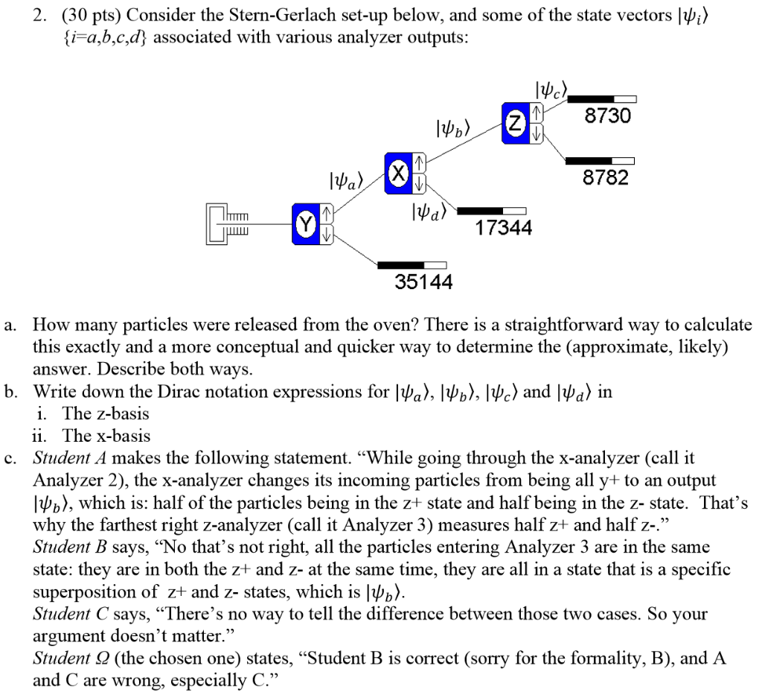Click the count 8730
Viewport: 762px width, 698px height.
point(607,116)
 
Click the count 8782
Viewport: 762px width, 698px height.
point(606,177)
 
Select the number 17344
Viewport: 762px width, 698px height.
point(504,227)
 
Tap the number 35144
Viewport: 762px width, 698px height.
point(423,282)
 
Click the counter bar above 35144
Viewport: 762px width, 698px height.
point(412,264)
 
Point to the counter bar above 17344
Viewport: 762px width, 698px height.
point(491,211)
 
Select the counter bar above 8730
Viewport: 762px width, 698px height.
point(602,99)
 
